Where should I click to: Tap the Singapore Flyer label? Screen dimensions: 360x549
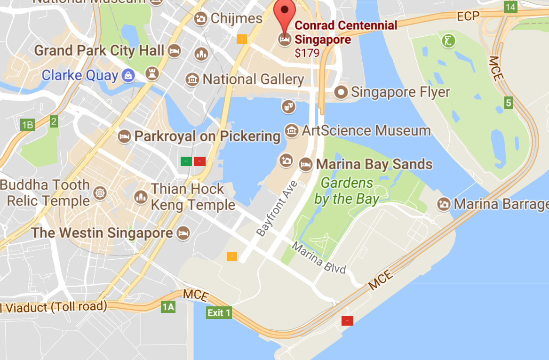pos(400,92)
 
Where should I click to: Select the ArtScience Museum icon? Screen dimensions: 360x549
pos(292,130)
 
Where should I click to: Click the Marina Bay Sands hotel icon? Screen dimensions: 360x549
pos(306,164)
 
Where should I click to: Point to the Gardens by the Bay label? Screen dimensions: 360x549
pos(347,191)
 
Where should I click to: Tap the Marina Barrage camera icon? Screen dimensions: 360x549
pos(443,204)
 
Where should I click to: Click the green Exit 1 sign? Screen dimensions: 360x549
pos(219,312)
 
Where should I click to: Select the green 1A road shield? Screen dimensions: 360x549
pos(168,307)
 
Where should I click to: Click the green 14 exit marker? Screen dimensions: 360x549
pos(510,7)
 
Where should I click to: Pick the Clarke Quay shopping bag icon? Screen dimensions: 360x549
pos(127,75)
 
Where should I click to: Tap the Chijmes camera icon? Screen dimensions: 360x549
pos(201,19)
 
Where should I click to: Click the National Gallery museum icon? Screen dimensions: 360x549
pos(192,80)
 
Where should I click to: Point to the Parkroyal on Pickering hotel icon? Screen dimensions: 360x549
pos(124,136)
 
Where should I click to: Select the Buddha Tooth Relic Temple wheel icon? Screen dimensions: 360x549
pos(99,192)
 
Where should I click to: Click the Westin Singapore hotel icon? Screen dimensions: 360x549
pos(183,232)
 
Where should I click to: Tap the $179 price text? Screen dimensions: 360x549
pos(307,53)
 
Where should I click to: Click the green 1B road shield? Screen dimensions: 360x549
pos(27,125)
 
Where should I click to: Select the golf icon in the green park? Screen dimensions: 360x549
pos(449,40)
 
